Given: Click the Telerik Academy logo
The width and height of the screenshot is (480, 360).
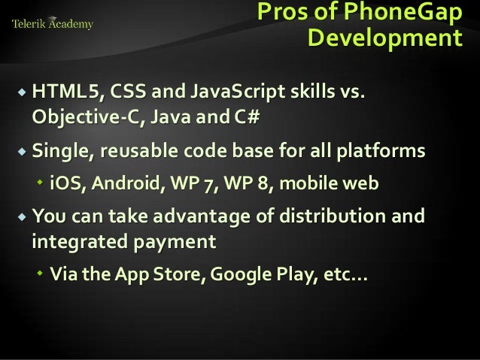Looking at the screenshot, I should [x=53, y=23].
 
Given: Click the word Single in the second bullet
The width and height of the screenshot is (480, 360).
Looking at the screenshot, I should [x=60, y=151].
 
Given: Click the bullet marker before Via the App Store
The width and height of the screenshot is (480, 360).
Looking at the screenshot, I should [x=40, y=274].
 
